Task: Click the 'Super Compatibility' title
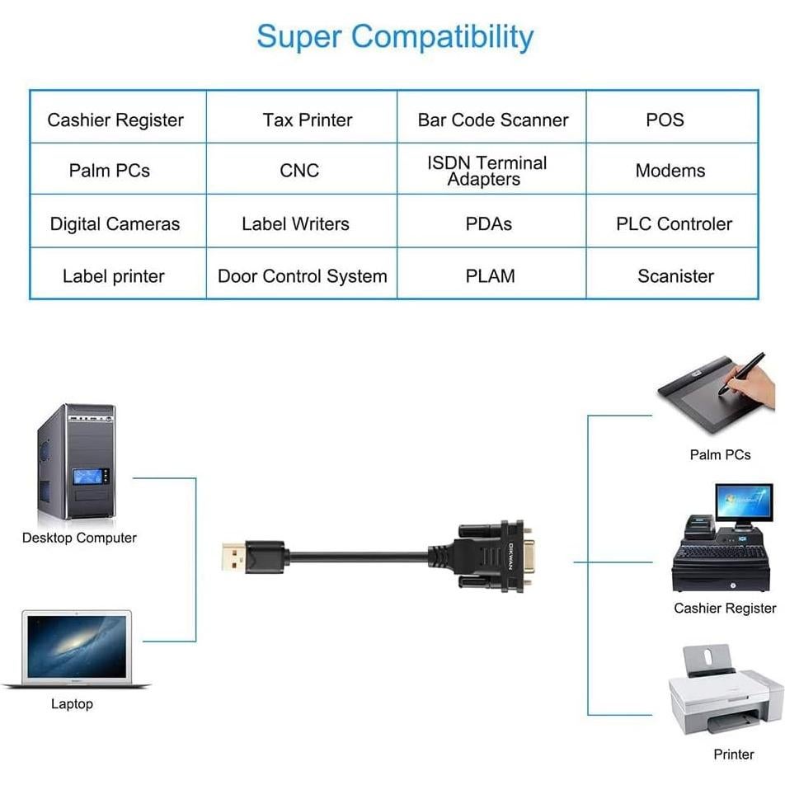395,37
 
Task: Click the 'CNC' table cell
302,169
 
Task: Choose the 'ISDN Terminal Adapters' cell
491,169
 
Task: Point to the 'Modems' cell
672,169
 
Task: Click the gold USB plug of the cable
233,557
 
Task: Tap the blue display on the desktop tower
87,476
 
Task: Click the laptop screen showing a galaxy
77,646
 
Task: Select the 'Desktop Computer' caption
79,538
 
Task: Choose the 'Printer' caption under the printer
733,754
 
